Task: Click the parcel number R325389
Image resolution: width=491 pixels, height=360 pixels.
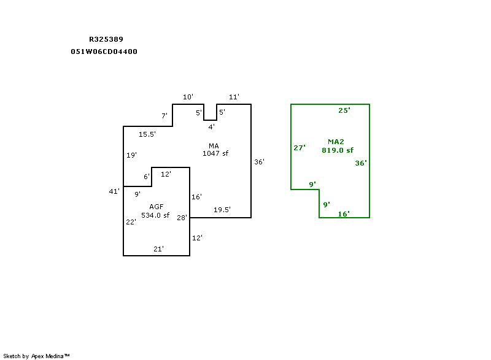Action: [x=106, y=39]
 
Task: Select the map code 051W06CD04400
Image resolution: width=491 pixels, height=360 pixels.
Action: [x=104, y=52]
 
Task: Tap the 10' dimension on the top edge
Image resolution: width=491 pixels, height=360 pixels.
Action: [x=188, y=97]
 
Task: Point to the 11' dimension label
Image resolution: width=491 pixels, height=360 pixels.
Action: [x=234, y=97]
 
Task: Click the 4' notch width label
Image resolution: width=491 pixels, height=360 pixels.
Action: [x=211, y=127]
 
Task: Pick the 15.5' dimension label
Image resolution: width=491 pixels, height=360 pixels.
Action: [x=147, y=134]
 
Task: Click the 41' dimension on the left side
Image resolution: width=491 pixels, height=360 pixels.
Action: [x=114, y=192]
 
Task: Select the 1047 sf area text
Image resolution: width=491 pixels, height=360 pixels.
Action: [x=215, y=153]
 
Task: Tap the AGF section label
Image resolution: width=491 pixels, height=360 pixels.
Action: [x=156, y=207]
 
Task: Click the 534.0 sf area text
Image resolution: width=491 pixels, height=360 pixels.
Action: [x=155, y=215]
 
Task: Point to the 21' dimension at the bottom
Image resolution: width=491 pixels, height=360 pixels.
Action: [x=158, y=249]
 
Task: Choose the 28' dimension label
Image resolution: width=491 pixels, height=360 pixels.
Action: [x=182, y=218]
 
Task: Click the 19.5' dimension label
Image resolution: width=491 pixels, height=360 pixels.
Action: [x=222, y=210]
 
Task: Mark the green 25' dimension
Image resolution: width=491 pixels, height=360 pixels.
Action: [x=344, y=110]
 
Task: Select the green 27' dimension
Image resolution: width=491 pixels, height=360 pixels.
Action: [x=300, y=148]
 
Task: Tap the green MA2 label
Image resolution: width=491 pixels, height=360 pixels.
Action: [x=336, y=142]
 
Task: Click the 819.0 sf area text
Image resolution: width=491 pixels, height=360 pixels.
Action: [x=338, y=150]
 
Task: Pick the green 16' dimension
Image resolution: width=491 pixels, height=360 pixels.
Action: [x=344, y=214]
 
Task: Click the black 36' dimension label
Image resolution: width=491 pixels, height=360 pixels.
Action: [x=259, y=162]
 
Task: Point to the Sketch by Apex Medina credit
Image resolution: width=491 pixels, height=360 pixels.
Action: [x=36, y=356]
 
